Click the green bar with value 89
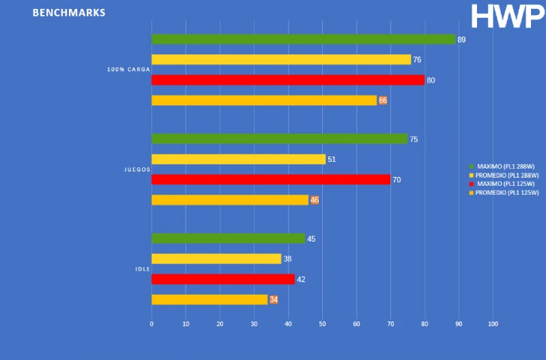coord(303,40)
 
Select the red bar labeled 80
coord(287,80)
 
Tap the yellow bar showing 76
coord(281,59)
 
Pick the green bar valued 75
coord(279,139)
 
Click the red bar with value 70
coord(270,180)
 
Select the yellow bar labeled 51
coord(238,159)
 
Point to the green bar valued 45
coord(228,238)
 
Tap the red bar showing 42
coord(222,279)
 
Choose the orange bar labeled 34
coord(209,299)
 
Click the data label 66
coord(383,100)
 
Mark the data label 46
coord(315,200)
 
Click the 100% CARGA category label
coord(128,70)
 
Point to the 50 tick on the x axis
coord(322,324)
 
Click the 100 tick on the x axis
coord(493,324)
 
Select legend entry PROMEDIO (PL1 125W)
coord(502,193)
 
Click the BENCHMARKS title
coord(69,13)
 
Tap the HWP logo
coord(508,16)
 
